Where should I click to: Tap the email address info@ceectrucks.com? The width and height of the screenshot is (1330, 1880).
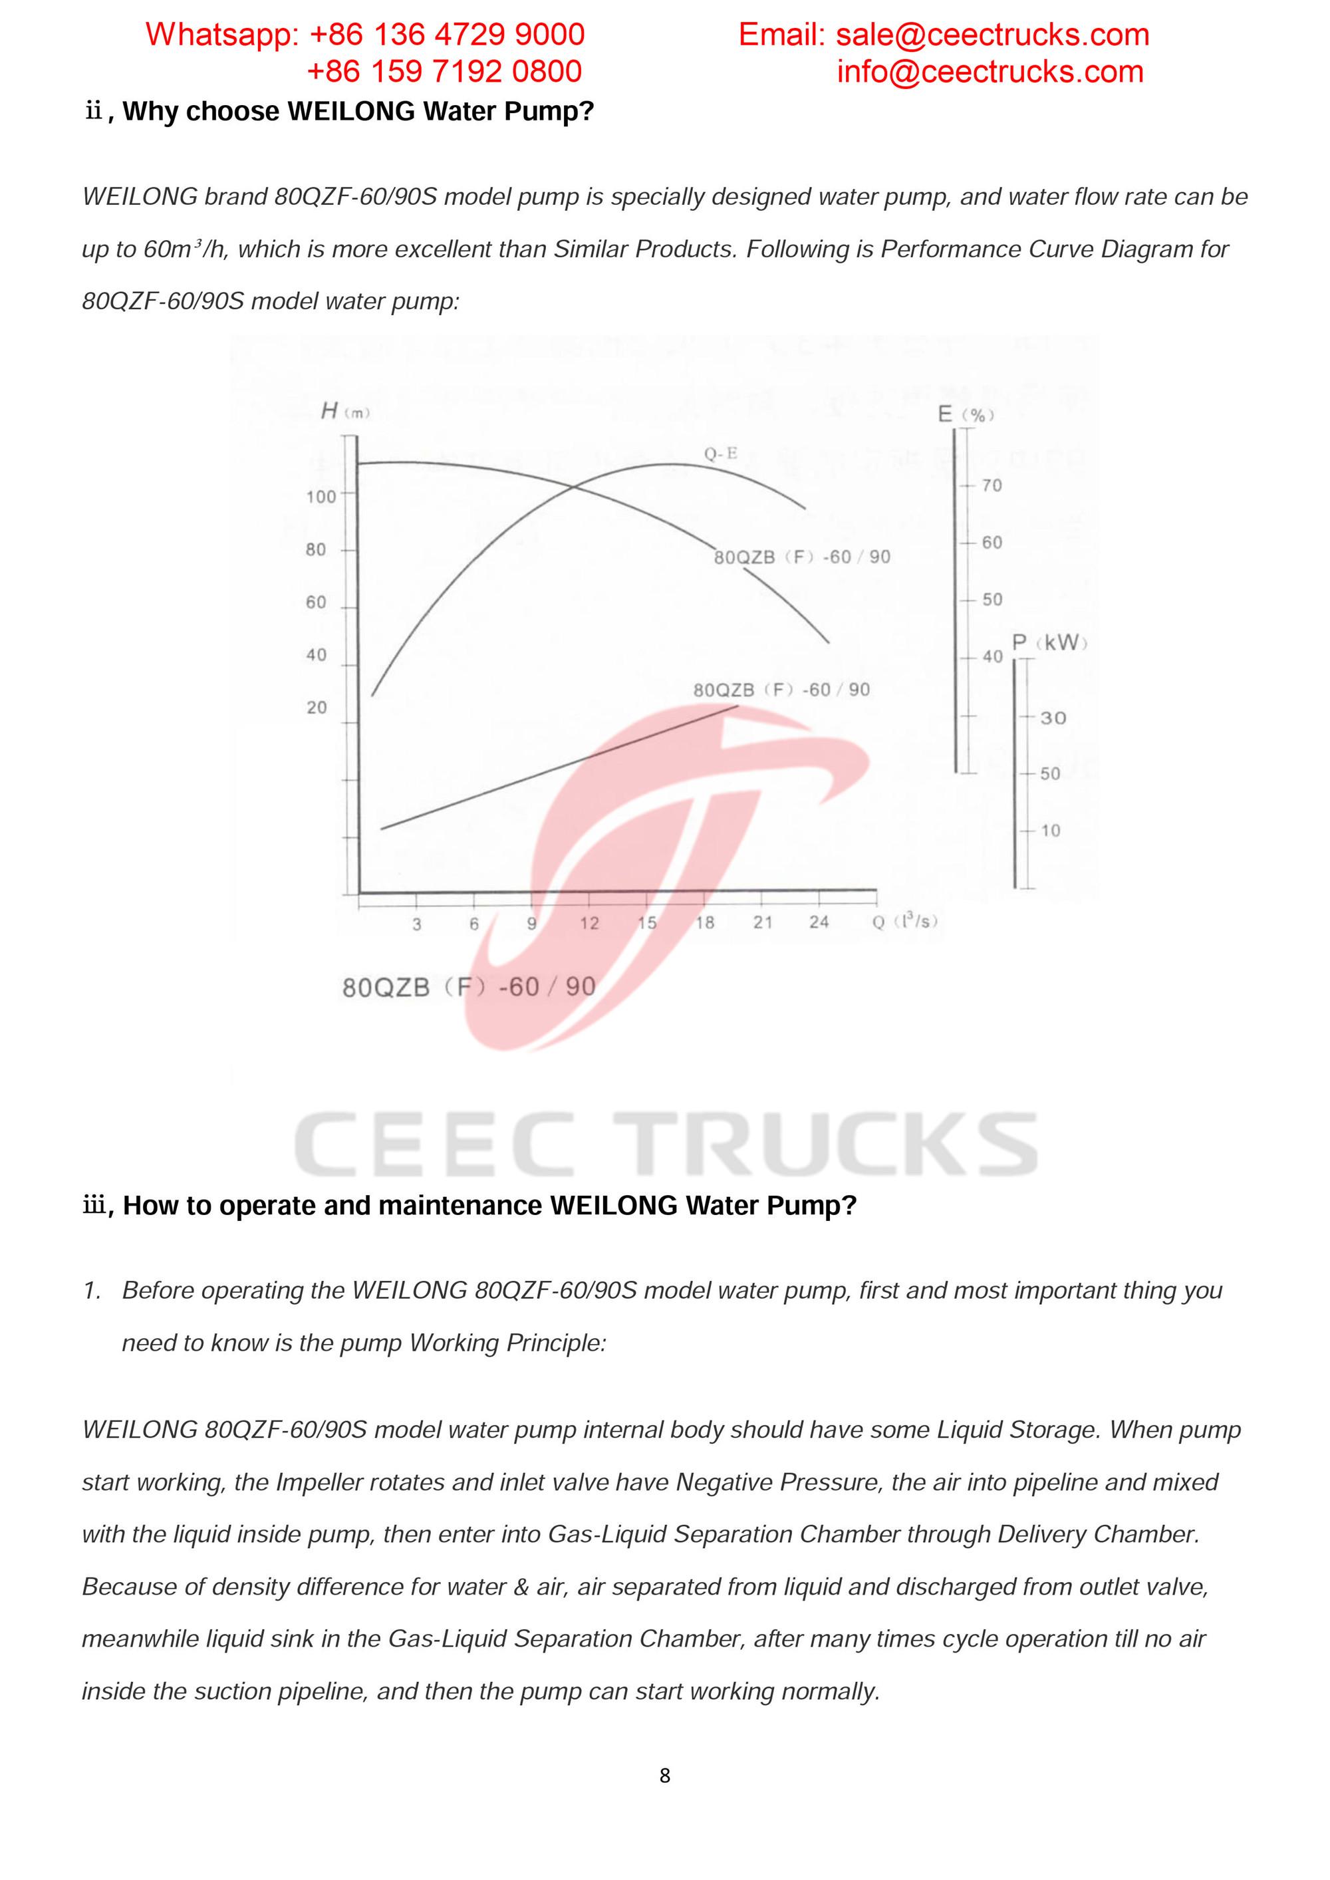point(990,72)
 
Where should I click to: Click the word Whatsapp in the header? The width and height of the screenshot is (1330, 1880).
point(222,35)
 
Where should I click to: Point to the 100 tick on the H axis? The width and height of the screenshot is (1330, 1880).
point(321,496)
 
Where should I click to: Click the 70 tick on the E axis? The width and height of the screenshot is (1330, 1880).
point(991,485)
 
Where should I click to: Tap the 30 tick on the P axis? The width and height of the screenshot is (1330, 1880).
point(1053,718)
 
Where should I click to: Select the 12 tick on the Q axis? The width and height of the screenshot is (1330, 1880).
point(589,923)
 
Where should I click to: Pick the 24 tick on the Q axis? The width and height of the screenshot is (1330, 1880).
point(819,923)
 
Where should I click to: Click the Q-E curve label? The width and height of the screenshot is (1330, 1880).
point(721,453)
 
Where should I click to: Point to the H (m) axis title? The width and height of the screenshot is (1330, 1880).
point(344,411)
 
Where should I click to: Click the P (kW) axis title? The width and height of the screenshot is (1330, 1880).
point(1049,643)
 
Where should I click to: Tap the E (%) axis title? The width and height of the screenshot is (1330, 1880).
point(966,414)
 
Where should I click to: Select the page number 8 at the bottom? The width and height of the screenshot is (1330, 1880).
point(664,1775)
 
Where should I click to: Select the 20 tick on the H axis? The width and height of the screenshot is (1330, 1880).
point(316,708)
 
